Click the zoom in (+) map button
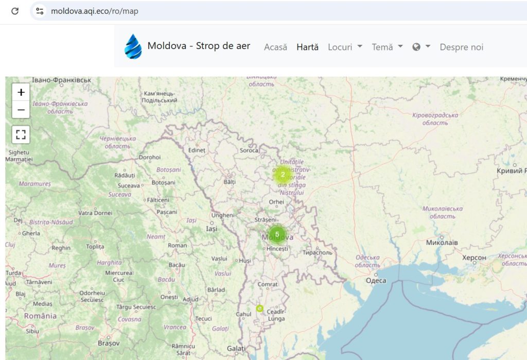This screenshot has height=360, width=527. pyautogui.click(x=21, y=93)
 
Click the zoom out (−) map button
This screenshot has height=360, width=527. pyautogui.click(x=21, y=110)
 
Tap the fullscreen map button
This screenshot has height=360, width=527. pyautogui.click(x=21, y=135)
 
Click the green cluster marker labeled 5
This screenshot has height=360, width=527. pyautogui.click(x=277, y=234)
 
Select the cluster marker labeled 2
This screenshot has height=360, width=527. pyautogui.click(x=283, y=175)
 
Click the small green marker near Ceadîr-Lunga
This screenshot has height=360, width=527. pyautogui.click(x=259, y=308)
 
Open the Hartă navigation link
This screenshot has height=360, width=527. pyautogui.click(x=308, y=47)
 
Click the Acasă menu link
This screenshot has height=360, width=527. pyautogui.click(x=275, y=47)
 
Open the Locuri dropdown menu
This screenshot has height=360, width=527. pyautogui.click(x=345, y=47)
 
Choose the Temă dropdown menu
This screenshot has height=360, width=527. pyautogui.click(x=387, y=47)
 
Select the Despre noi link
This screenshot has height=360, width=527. pyautogui.click(x=462, y=47)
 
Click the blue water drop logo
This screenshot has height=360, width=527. pyautogui.click(x=133, y=46)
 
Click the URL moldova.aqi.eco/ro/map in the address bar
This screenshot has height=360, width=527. pyautogui.click(x=95, y=11)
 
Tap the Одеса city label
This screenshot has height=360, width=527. pyautogui.click(x=376, y=280)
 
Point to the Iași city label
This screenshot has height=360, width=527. pyautogui.click(x=211, y=229)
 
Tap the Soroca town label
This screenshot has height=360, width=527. pyautogui.click(x=249, y=150)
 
